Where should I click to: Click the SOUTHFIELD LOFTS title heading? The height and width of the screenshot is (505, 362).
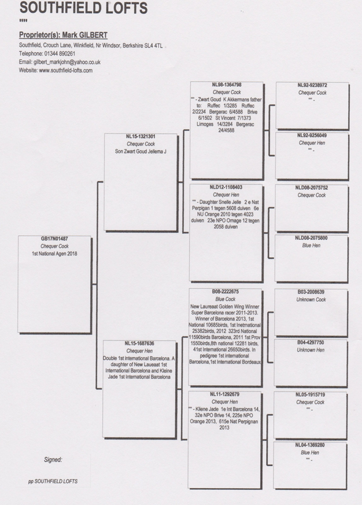(x=83, y=9)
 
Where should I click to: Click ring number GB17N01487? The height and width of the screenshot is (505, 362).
(x=54, y=239)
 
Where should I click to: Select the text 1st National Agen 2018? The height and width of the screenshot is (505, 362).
(x=54, y=254)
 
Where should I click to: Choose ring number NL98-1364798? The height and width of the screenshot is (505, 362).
(x=226, y=85)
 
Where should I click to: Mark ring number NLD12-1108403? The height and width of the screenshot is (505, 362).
(x=226, y=188)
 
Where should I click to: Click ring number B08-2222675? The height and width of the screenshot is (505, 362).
(x=225, y=292)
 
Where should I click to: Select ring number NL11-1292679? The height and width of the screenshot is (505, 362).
(x=225, y=395)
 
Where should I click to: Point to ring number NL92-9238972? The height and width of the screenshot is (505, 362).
(x=312, y=85)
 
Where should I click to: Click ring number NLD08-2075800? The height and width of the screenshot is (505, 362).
(x=312, y=238)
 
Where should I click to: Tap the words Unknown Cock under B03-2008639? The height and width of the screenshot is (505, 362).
(x=311, y=299)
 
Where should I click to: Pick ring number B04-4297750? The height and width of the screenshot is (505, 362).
(x=311, y=342)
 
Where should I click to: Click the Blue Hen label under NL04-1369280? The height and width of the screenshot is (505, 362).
(x=311, y=452)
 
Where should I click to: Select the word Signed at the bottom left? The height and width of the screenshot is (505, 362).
(x=53, y=460)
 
